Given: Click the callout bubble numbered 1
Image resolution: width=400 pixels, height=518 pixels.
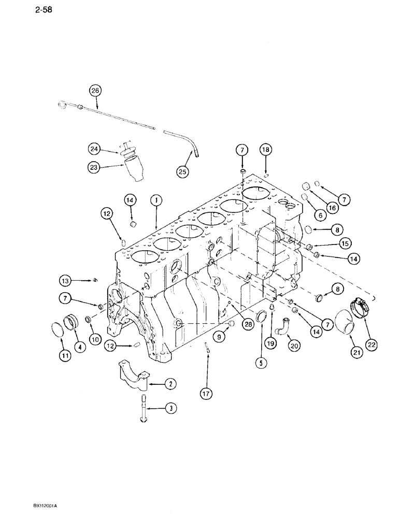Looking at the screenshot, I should (154, 199).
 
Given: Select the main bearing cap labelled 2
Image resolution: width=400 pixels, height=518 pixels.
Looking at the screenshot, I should (134, 371).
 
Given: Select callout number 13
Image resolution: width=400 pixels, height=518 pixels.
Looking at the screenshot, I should (65, 281).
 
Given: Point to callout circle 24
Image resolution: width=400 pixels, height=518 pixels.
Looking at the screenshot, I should (93, 149).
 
